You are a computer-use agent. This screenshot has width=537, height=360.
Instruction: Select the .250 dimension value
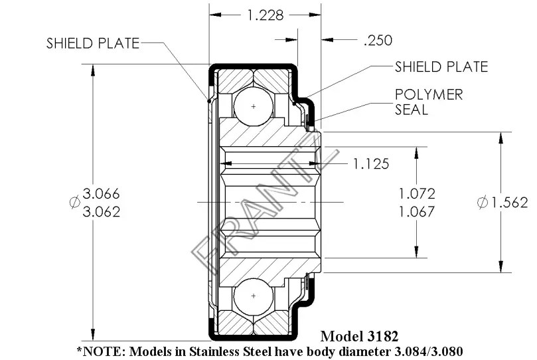point(378,41)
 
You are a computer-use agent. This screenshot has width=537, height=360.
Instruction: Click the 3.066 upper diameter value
point(101,194)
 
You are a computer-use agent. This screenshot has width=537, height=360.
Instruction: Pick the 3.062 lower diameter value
point(101,212)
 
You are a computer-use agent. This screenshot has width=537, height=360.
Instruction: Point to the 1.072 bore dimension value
point(416,194)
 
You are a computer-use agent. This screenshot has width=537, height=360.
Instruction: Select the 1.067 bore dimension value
point(416,212)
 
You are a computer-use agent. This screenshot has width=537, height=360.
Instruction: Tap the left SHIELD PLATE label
point(93,44)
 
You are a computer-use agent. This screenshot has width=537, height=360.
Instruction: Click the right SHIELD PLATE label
point(441,66)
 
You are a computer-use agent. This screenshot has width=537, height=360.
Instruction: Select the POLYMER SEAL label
point(429,102)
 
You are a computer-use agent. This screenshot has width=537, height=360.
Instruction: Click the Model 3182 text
point(358,335)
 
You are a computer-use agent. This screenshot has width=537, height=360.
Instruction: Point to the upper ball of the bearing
point(254,106)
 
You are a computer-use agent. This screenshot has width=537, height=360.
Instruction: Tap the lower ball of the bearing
point(254,296)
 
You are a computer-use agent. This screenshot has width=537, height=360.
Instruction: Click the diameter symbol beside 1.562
point(483,203)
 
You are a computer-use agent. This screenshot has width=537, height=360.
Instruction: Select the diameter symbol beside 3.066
point(74,203)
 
